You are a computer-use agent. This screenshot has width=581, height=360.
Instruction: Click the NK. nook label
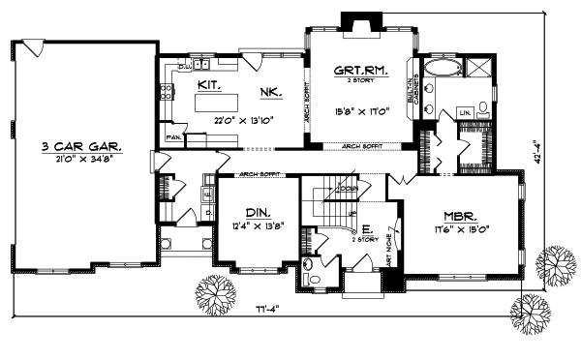[270, 92]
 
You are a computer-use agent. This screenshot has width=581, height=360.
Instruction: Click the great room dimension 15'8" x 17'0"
[361, 111]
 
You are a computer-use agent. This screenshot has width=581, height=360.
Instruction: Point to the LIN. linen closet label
[465, 112]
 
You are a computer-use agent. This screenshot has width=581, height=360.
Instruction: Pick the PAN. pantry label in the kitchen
[174, 138]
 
